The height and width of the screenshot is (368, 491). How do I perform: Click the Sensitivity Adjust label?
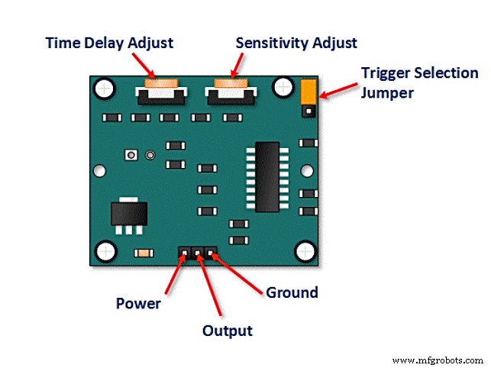297,44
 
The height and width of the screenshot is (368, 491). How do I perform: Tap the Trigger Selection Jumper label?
419,83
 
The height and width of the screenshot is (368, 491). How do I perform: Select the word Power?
138,303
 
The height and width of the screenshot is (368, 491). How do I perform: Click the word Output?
227,331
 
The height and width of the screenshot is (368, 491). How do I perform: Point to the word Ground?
291,292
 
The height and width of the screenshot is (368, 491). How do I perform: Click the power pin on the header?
186,252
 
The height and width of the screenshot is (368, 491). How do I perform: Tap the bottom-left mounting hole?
105,250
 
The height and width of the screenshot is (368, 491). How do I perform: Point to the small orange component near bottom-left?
142,253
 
